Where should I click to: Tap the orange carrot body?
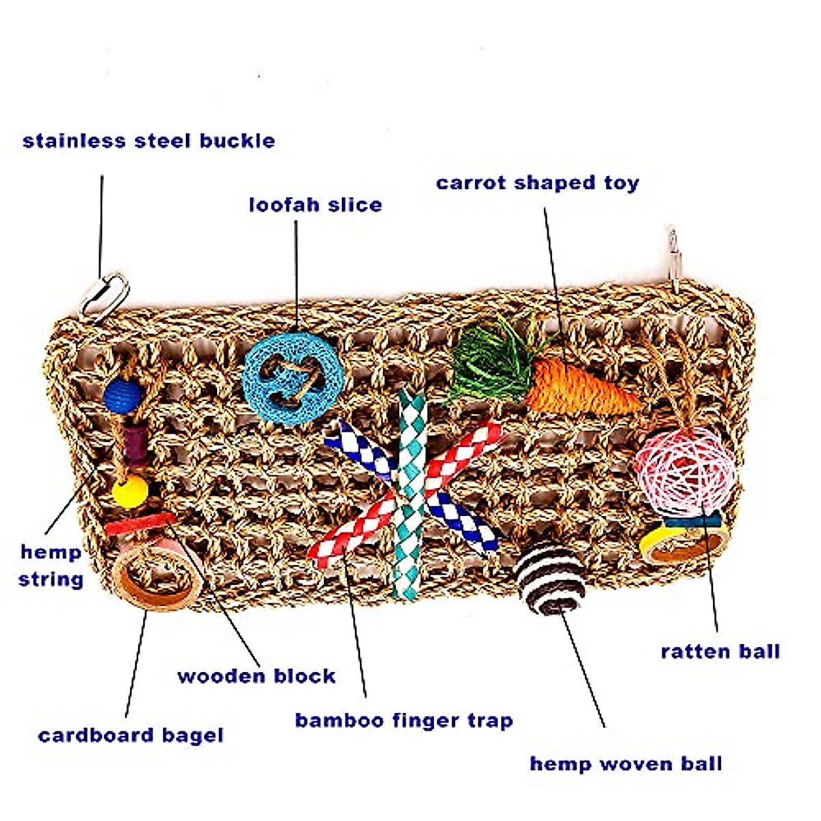pyautogui.click(x=582, y=387)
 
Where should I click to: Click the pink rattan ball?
pyautogui.click(x=684, y=472)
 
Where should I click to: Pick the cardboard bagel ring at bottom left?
pyautogui.click(x=154, y=578)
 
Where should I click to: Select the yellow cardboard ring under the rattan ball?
pyautogui.click(x=681, y=544)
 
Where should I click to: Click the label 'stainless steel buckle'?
pyautogui.click(x=149, y=142)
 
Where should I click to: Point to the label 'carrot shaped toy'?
pyautogui.click(x=537, y=183)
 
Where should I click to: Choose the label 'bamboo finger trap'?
pyautogui.click(x=404, y=720)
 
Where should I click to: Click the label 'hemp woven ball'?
pyautogui.click(x=626, y=764)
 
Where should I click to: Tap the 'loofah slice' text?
pyautogui.click(x=315, y=205)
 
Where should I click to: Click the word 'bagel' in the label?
pyautogui.click(x=192, y=735)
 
